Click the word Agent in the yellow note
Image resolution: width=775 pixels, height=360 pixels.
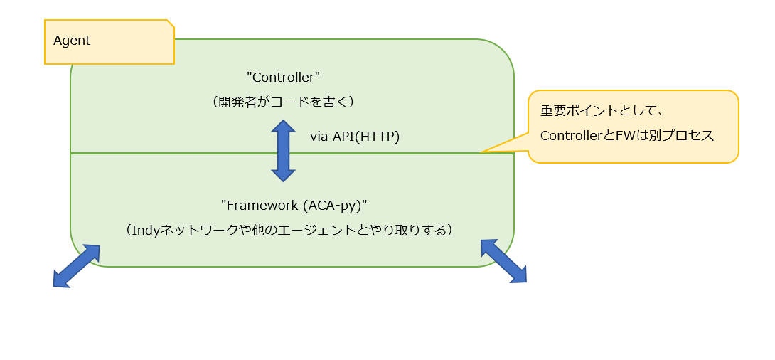click(72, 41)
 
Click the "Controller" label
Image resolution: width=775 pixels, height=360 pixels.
click(284, 77)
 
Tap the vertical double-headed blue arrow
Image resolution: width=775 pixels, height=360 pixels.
click(283, 151)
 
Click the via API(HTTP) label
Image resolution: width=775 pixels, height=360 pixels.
click(355, 137)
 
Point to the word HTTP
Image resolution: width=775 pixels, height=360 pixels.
click(379, 137)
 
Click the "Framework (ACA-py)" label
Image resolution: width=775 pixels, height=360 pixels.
click(297, 205)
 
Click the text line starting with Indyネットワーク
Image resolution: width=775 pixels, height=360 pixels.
click(289, 231)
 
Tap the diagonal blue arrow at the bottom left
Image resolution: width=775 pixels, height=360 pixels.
click(77, 265)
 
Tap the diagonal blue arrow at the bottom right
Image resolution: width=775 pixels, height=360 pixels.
click(503, 260)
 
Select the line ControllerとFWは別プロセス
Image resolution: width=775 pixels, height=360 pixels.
click(627, 135)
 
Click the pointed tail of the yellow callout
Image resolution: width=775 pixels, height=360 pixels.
click(481, 152)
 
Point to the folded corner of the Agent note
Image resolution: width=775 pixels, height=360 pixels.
click(171, 23)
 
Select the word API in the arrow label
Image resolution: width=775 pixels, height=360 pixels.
click(343, 137)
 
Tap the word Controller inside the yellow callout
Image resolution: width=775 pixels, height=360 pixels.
click(567, 135)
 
